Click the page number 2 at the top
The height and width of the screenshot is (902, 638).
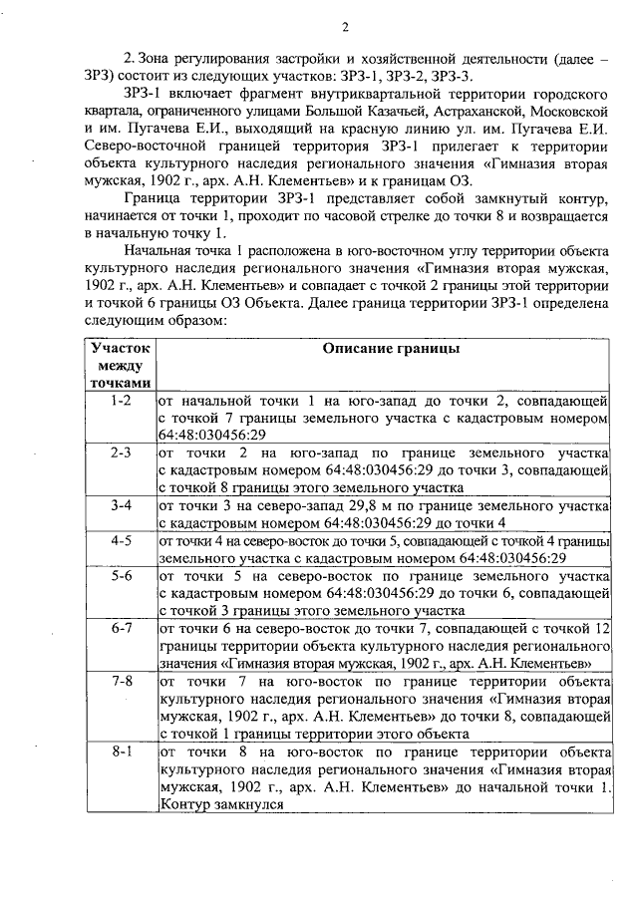coord(343,26)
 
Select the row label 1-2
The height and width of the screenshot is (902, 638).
coord(122,401)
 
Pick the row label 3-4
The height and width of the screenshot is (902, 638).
coord(122,505)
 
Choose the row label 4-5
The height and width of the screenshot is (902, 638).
coord(122,540)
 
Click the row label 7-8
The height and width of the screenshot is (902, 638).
coord(122,681)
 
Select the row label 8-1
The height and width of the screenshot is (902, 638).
coord(122,750)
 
